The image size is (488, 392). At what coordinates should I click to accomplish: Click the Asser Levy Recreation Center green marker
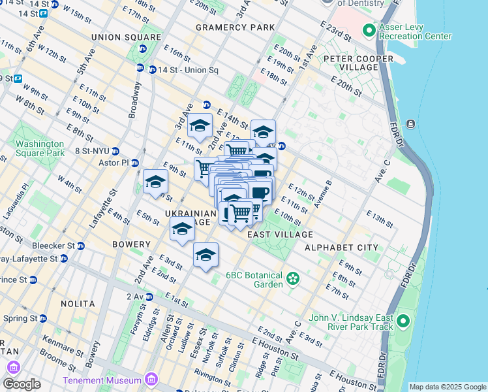pyautogui.click(x=369, y=31)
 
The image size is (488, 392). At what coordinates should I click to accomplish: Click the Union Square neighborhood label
pyautogui.click(x=126, y=37)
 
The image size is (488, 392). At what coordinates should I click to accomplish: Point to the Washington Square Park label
pyautogui.click(x=40, y=148)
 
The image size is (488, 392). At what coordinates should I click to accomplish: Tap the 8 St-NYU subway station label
pyautogui.click(x=96, y=150)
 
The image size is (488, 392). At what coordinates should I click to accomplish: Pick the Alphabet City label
pyautogui.click(x=341, y=248)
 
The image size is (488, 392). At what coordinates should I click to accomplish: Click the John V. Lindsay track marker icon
pyautogui.click(x=403, y=321)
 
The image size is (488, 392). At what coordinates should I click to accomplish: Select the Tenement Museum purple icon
pyautogui.click(x=151, y=380)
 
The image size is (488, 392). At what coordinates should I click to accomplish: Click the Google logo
pyautogui.click(x=22, y=384)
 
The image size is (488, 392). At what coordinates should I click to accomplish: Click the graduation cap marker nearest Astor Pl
pyautogui.click(x=156, y=182)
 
